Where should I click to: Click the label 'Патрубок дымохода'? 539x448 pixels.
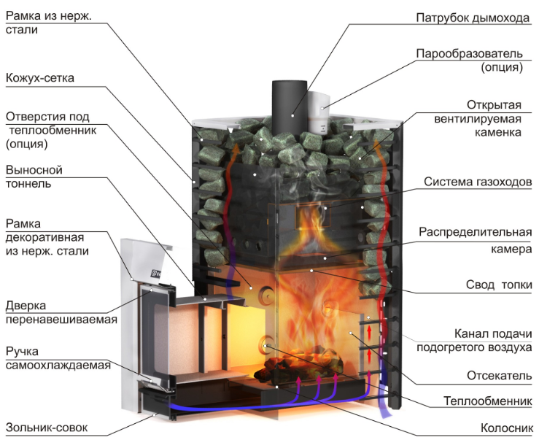[473, 18]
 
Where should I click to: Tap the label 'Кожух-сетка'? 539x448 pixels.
[40, 78]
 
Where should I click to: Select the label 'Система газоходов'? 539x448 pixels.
[478, 182]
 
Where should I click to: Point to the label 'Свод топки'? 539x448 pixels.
[499, 285]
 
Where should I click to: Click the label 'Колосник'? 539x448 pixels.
[507, 428]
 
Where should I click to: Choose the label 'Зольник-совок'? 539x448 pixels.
[47, 428]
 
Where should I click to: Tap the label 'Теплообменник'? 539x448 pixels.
[488, 401]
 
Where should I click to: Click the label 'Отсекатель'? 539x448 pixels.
[499, 376]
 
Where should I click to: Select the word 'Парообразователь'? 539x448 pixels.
[469, 54]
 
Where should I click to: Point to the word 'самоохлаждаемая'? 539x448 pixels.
[58, 365]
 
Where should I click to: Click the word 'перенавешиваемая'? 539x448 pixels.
[61, 320]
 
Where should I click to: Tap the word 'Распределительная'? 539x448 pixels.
[476, 233]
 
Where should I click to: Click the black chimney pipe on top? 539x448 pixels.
[289, 107]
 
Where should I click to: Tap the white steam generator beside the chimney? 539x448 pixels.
[318, 112]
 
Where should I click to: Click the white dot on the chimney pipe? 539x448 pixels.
[292, 115]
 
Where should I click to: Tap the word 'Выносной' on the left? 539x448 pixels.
[34, 170]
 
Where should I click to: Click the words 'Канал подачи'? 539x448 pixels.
[493, 334]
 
